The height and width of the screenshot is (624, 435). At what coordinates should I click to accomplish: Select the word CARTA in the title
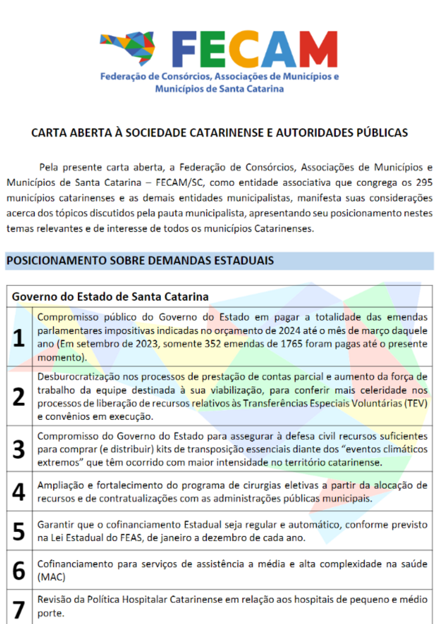(48, 132)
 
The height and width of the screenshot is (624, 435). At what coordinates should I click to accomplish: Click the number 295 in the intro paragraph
(422, 182)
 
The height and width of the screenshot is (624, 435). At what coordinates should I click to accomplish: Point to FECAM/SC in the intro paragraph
(177, 182)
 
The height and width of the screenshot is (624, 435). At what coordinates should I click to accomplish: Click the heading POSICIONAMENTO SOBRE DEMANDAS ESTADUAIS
(140, 261)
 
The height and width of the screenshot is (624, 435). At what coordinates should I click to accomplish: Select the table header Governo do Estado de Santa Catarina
(111, 296)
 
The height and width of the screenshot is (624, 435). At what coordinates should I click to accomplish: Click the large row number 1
(19, 338)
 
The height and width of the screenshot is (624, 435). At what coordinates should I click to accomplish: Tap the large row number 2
(19, 396)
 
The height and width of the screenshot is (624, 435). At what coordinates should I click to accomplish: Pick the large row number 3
(19, 449)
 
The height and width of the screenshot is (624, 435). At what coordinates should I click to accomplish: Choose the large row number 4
(19, 492)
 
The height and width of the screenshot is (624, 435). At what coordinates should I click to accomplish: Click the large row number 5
(19, 531)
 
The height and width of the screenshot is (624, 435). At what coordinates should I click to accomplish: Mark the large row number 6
(19, 570)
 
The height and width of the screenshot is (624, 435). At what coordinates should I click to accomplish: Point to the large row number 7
(19, 608)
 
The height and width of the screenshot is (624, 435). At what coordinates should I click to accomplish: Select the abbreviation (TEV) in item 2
(414, 403)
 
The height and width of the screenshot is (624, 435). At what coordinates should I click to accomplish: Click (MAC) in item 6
(51, 576)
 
